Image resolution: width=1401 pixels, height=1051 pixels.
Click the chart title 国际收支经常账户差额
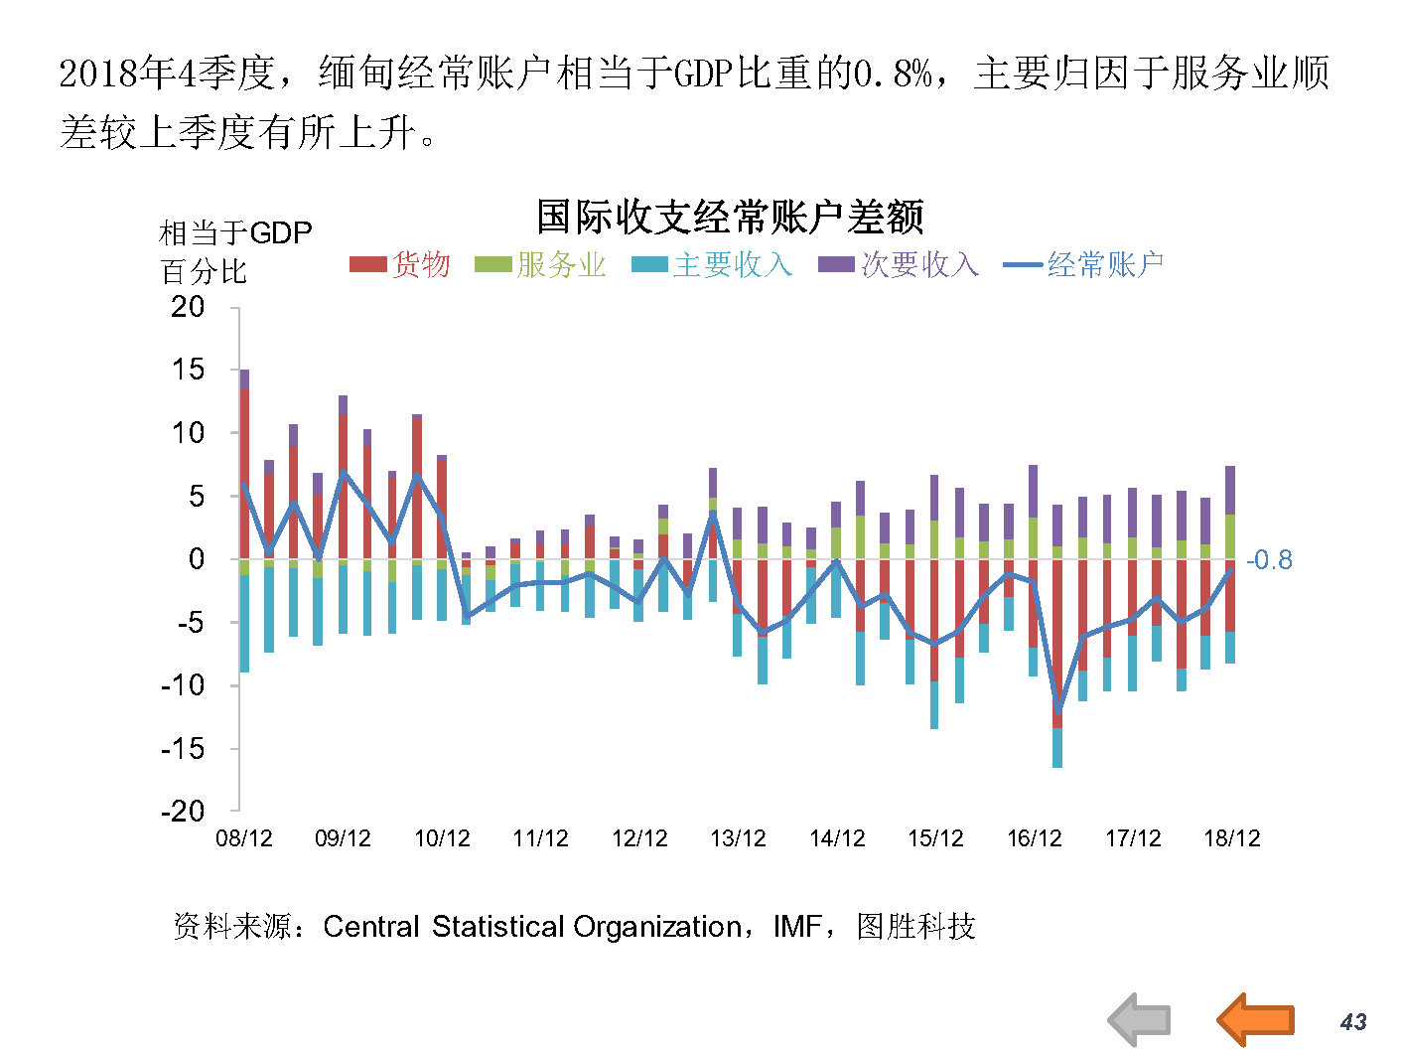point(730,217)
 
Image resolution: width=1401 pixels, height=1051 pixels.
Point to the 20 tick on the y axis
point(187,307)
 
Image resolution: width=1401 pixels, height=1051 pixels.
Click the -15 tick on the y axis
point(182,748)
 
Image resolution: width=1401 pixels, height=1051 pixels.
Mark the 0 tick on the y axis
point(197,559)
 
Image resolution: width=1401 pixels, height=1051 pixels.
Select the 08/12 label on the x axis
point(244,838)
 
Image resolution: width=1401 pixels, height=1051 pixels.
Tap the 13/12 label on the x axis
point(738,838)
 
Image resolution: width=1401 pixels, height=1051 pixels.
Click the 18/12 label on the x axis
point(1231,838)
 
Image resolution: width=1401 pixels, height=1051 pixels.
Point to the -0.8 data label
point(1269,560)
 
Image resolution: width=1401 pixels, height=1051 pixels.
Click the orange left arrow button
point(1256,1019)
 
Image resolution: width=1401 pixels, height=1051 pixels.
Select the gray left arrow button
point(1140,1019)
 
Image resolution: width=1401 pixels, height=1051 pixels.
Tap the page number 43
point(1353,1021)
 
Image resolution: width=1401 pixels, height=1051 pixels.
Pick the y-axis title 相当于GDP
point(235,233)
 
